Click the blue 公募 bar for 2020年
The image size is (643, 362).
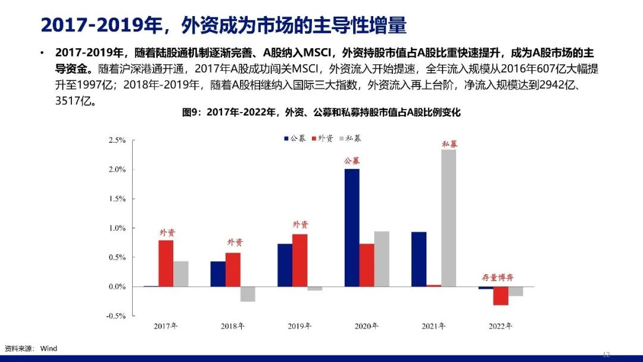click(x=352, y=227)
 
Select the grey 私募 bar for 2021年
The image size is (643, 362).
click(x=449, y=218)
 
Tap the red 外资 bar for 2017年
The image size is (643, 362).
click(x=166, y=263)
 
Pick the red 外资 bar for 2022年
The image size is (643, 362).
click(x=501, y=296)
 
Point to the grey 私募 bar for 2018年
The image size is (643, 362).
click(x=248, y=294)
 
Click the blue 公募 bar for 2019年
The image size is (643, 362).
click(x=285, y=265)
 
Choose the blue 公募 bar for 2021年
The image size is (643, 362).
click(x=419, y=259)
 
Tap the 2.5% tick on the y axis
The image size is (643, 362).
click(x=117, y=141)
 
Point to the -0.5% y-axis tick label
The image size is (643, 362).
click(x=116, y=316)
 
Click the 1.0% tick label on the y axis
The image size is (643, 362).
click(x=117, y=228)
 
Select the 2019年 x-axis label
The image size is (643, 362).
click(x=299, y=326)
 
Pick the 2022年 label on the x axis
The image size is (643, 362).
click(x=501, y=326)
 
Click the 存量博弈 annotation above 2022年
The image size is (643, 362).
click(x=497, y=277)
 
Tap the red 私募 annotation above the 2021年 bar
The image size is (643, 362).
click(x=450, y=144)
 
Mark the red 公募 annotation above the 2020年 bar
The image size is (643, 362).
click(x=352, y=161)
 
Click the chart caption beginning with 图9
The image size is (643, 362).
click(x=321, y=112)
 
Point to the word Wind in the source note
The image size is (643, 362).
click(x=49, y=348)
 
